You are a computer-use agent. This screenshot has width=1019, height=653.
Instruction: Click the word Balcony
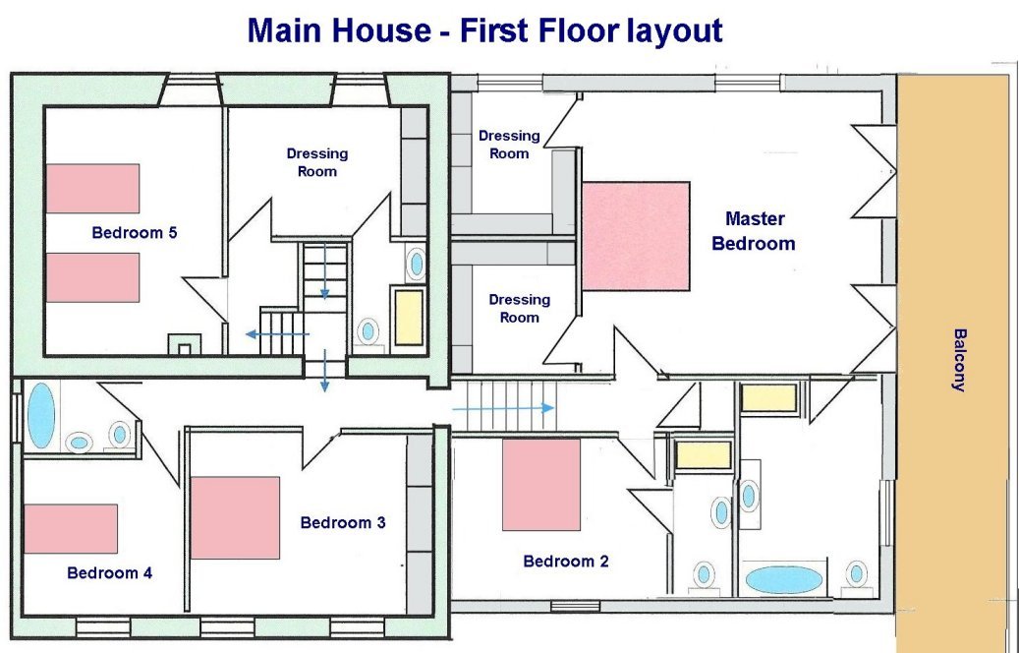(x=958, y=360)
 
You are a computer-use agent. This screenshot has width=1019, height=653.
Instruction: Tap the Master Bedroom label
(x=754, y=231)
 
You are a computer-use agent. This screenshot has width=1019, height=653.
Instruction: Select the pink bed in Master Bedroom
(x=636, y=236)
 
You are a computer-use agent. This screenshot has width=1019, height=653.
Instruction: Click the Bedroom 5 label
(x=135, y=232)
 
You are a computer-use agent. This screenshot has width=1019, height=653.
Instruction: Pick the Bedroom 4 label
(x=110, y=572)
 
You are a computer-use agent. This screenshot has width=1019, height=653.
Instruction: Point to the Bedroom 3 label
(x=343, y=522)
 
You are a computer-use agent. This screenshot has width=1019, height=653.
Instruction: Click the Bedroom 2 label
(x=566, y=561)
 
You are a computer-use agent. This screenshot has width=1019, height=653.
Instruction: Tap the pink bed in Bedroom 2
(x=541, y=485)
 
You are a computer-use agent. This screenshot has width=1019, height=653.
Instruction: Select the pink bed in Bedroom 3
(x=235, y=517)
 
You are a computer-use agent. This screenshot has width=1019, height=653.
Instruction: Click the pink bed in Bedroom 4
(x=71, y=529)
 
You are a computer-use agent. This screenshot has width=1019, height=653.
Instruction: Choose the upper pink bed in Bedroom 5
(x=93, y=188)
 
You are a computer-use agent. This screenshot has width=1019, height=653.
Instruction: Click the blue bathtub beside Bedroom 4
(x=41, y=416)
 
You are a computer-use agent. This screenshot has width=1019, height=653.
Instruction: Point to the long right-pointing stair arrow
(x=503, y=408)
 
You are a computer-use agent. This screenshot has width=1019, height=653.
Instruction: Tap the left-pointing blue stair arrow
(x=277, y=334)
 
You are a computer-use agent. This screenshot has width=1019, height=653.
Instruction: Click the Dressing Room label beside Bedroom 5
(x=317, y=162)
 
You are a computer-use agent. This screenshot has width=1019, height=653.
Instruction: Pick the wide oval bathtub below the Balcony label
(x=783, y=579)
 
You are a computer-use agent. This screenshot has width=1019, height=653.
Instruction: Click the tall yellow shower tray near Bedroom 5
(x=410, y=318)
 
